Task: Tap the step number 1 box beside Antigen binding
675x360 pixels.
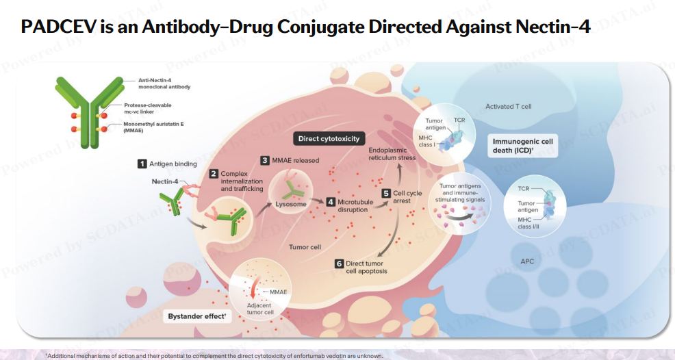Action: point(142,164)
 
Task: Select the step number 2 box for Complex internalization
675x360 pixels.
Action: point(214,175)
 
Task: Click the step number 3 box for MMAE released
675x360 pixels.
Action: point(265,160)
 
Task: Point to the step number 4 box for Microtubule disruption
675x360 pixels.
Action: point(331,202)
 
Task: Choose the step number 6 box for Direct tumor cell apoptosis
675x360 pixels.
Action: point(338,263)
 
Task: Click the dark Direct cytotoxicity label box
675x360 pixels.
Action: point(329,139)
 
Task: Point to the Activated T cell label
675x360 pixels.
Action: point(508,107)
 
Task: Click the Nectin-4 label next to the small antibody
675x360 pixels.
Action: point(165,181)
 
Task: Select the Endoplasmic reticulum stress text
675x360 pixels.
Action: point(392,153)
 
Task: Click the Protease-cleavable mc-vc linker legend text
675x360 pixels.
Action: point(147,108)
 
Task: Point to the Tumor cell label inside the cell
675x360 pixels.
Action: point(305,247)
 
